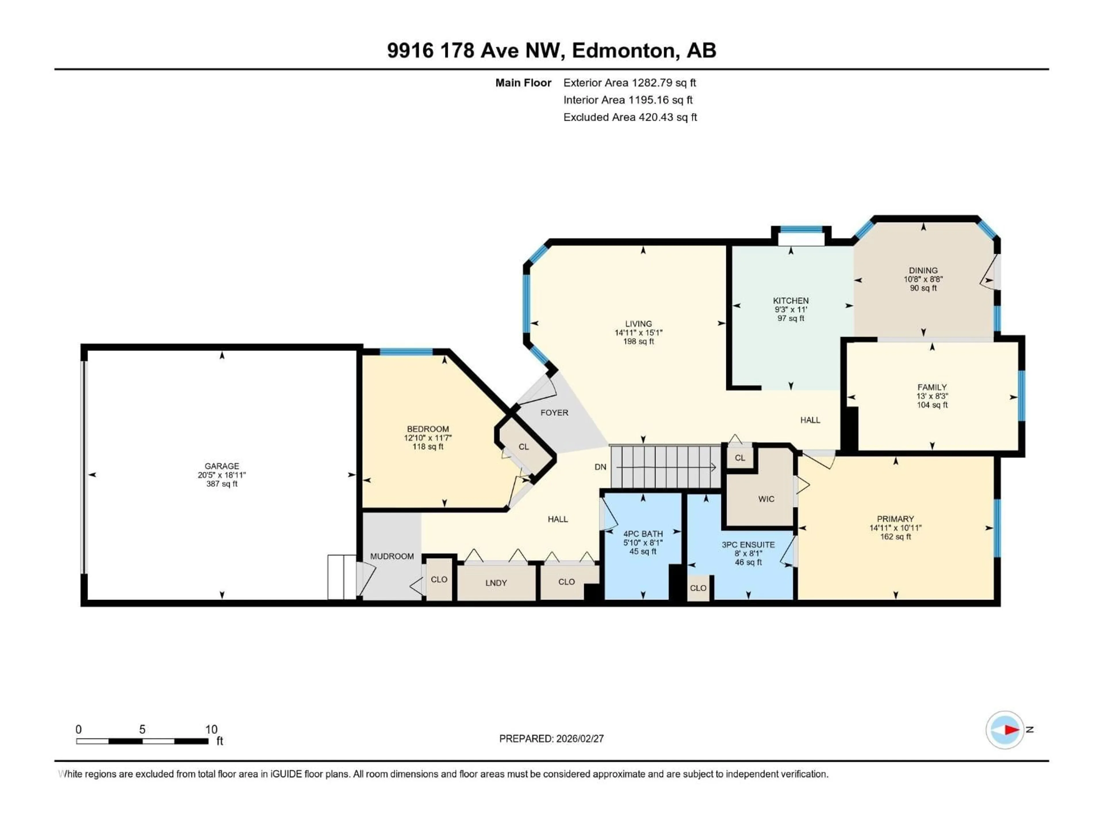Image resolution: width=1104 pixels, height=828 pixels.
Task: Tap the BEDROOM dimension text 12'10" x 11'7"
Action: pyautogui.click(x=428, y=438)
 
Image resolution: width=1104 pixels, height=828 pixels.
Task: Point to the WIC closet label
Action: pyautogui.click(x=766, y=499)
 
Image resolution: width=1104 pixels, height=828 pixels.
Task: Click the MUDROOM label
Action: pyautogui.click(x=392, y=556)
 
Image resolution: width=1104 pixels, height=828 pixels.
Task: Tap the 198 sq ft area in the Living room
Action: pyautogui.click(x=638, y=341)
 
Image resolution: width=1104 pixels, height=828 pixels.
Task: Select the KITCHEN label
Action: pyautogui.click(x=791, y=300)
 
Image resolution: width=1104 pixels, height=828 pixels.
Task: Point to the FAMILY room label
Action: pyautogui.click(x=932, y=387)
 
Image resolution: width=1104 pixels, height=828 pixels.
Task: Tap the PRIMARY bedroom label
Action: pyautogui.click(x=895, y=519)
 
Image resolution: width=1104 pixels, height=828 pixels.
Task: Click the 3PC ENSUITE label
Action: pyautogui.click(x=748, y=545)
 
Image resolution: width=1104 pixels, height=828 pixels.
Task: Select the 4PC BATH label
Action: pyautogui.click(x=643, y=534)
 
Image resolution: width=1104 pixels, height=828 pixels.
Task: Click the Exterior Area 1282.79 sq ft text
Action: pyautogui.click(x=629, y=83)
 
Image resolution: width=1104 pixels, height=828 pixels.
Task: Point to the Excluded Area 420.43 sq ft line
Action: pyautogui.click(x=630, y=117)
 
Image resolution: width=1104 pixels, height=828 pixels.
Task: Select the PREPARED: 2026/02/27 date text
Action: pyautogui.click(x=551, y=739)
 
